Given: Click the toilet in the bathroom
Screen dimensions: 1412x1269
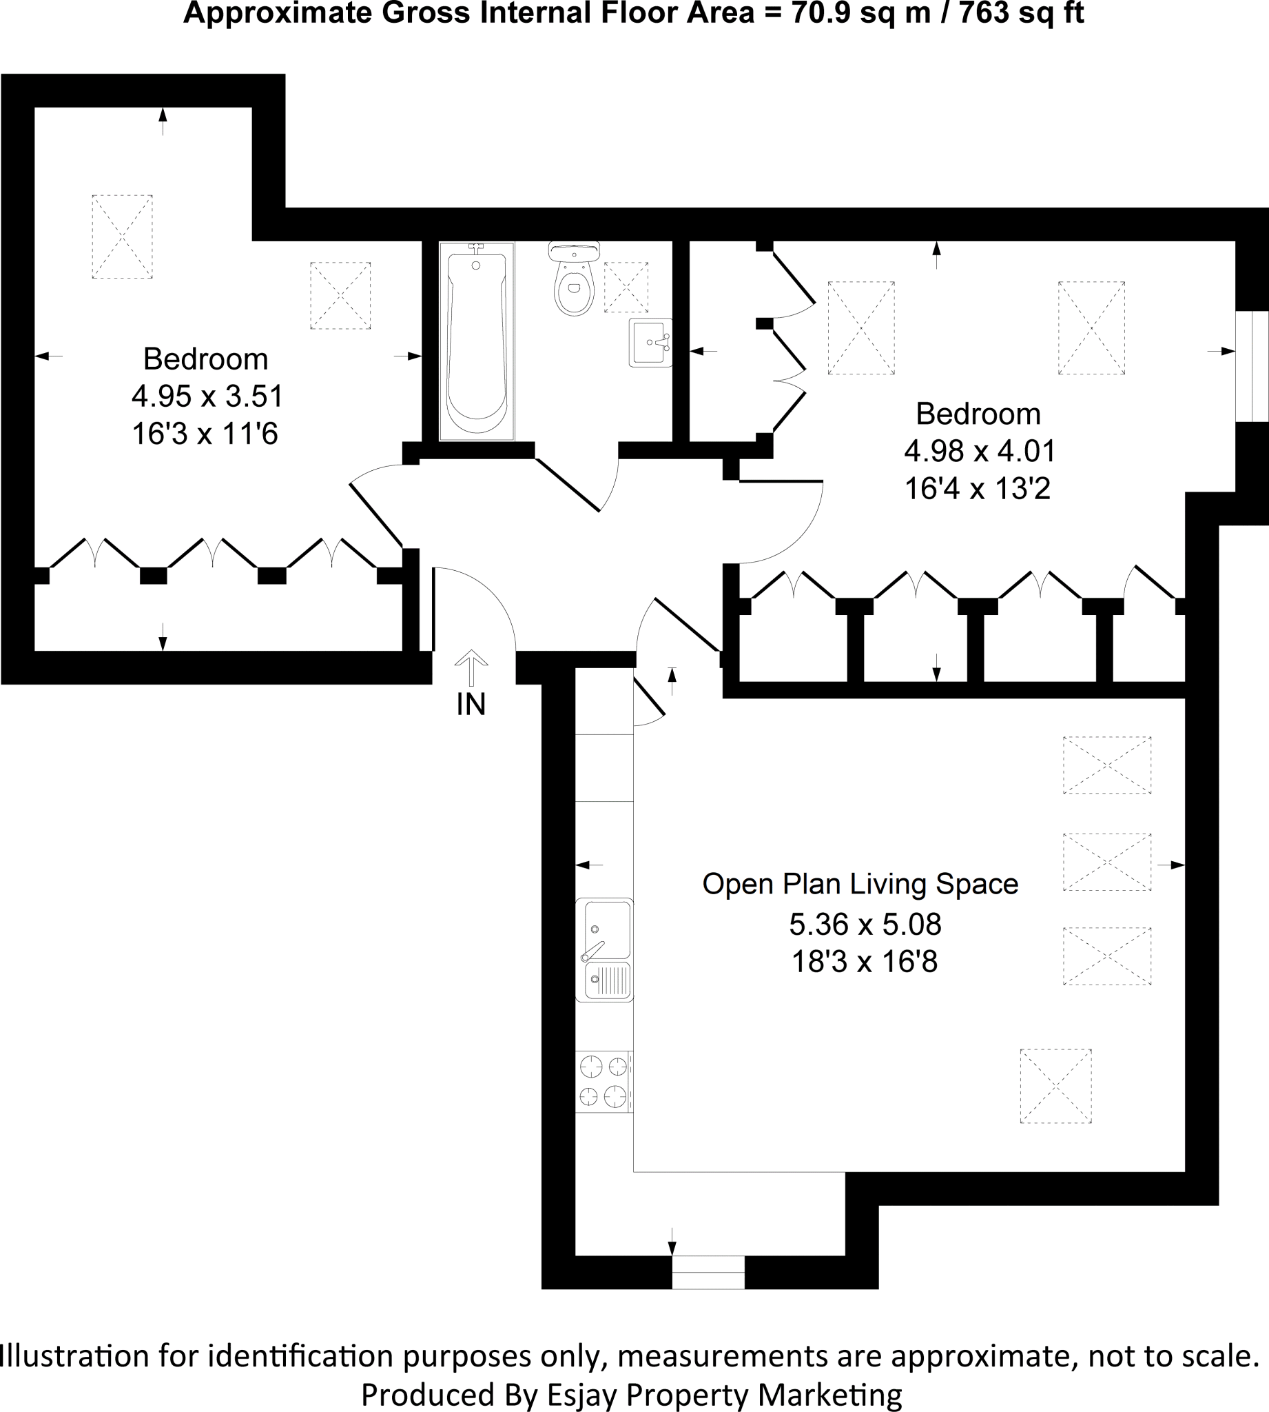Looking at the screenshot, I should pyautogui.click(x=575, y=281).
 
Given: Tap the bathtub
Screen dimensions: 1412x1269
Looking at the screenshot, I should pyautogui.click(x=477, y=342).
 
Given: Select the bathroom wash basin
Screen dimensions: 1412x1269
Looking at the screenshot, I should pyautogui.click(x=650, y=343).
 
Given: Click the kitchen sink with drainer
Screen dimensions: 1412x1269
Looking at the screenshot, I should pyautogui.click(x=604, y=950).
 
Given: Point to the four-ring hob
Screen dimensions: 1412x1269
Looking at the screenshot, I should pyautogui.click(x=603, y=1081).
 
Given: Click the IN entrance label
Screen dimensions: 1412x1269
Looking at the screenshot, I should pyautogui.click(x=471, y=705).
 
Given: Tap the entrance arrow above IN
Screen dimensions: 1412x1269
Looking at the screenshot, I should pyautogui.click(x=471, y=667).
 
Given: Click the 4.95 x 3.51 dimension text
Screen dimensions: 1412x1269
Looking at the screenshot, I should pyautogui.click(x=207, y=396).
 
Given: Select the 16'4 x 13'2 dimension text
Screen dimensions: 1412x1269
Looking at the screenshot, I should pyautogui.click(x=977, y=489).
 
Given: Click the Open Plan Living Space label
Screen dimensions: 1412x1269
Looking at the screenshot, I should pyautogui.click(x=860, y=884).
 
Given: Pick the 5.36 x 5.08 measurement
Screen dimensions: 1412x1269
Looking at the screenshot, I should pyautogui.click(x=865, y=925).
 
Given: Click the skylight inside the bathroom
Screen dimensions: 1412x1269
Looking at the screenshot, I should pyautogui.click(x=626, y=287).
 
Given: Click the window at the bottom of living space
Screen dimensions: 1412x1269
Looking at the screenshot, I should pyautogui.click(x=708, y=1272).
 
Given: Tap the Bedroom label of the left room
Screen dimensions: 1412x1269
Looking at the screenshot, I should pyautogui.click(x=206, y=359).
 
